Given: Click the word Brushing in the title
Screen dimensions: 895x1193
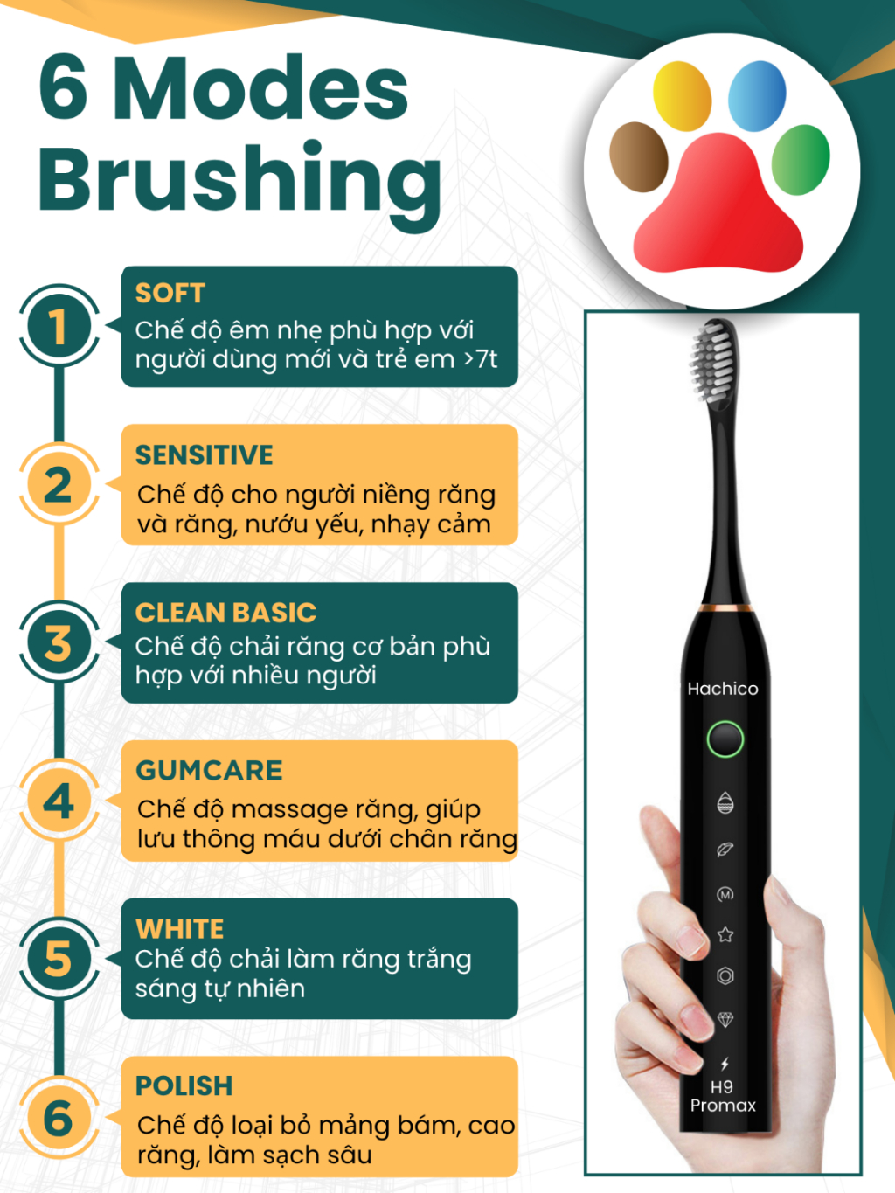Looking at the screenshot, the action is [x=239, y=184].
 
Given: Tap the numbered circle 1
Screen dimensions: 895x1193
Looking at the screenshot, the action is [x=59, y=326].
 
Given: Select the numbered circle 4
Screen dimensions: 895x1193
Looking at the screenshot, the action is [x=59, y=801].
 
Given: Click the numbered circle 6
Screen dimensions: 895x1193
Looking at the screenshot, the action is [x=59, y=1118].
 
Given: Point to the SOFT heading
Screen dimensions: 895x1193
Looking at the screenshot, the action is [x=170, y=293].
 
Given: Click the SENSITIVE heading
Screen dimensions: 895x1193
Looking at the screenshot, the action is [x=205, y=455].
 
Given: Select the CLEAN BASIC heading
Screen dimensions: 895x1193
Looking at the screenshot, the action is [x=225, y=613].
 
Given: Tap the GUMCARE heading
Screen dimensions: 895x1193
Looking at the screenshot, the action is [x=209, y=770].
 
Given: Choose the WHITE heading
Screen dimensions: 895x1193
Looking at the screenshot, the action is [x=179, y=928].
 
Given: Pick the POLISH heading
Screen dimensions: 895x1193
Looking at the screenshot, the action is [x=184, y=1085].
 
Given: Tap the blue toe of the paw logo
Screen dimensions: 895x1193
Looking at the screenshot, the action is [x=757, y=95].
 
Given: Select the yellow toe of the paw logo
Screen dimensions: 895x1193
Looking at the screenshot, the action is [x=682, y=95].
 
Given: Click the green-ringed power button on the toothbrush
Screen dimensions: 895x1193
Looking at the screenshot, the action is [x=725, y=739].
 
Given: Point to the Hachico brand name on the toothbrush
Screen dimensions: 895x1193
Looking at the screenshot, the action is [x=723, y=689].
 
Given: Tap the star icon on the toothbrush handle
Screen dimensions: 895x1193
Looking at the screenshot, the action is [x=725, y=934].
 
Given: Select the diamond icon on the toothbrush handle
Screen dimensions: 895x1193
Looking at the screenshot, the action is [x=725, y=1019].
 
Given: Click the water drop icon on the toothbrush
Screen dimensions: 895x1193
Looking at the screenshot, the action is [x=725, y=802].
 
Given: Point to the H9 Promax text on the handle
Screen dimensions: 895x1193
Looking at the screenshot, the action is [x=723, y=1096].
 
